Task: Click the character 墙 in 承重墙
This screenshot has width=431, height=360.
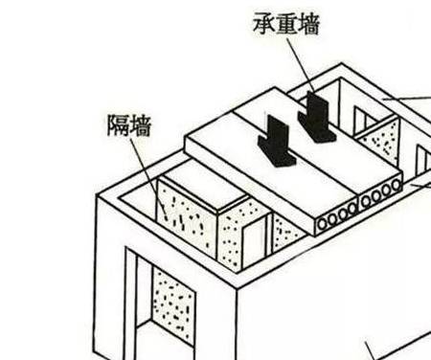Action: click(308, 25)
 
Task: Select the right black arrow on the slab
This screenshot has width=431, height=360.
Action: click(315, 117)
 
